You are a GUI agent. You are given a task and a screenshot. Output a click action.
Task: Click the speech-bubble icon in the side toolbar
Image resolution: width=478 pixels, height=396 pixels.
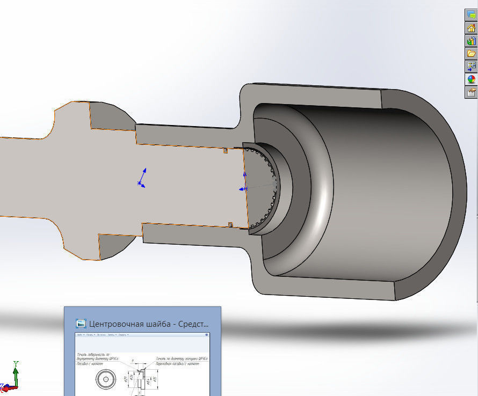(471, 16)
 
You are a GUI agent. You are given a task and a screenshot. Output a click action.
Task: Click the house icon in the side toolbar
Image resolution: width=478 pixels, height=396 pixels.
(471, 28)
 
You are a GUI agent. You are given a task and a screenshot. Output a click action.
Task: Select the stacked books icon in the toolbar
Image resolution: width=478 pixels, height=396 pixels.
(471, 41)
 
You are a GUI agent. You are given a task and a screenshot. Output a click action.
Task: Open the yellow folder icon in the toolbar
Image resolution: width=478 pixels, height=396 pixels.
(471, 54)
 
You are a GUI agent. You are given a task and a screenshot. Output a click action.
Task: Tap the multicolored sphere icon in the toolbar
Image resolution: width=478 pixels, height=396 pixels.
(471, 79)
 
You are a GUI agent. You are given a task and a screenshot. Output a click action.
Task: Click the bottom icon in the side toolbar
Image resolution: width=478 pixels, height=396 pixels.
(471, 92)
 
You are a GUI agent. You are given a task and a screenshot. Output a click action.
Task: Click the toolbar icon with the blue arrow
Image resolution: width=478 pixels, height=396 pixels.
(471, 67)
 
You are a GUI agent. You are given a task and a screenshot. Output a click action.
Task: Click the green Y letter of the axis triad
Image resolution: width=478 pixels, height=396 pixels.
(16, 364)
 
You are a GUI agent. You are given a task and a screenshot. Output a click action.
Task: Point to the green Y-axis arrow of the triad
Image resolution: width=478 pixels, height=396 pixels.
(16, 375)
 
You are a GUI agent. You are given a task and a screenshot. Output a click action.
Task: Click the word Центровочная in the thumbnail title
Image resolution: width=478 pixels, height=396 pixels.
(116, 324)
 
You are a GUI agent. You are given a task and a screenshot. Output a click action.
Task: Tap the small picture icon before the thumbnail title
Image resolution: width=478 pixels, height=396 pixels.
(81, 324)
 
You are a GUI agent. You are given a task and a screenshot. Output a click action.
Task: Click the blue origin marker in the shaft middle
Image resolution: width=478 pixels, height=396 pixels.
(141, 184)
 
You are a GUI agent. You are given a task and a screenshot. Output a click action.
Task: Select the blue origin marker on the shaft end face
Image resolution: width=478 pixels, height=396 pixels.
(243, 189)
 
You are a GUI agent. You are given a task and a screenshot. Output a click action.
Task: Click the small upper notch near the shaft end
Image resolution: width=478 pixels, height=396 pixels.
(226, 151)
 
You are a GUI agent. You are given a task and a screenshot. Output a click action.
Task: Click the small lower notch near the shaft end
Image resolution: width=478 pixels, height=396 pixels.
(230, 224)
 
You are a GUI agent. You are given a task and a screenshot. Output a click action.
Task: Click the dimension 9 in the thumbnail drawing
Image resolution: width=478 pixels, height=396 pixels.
(133, 361)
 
